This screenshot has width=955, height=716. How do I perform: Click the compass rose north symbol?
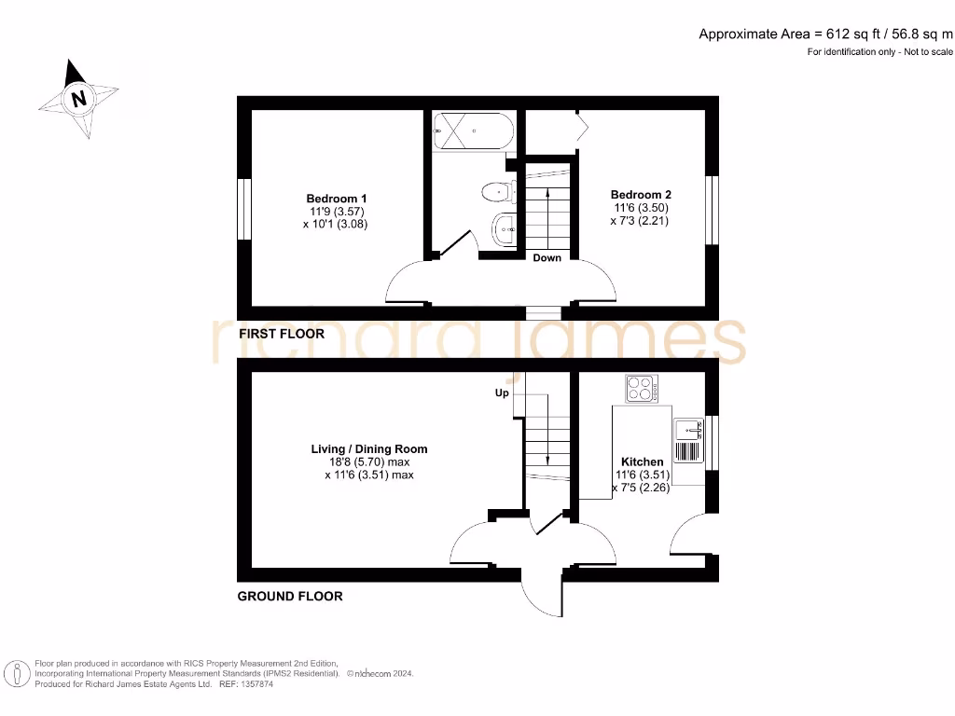(x=78, y=98)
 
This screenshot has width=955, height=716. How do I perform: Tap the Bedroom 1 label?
(x=336, y=199)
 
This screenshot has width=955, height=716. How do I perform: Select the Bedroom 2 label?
(x=641, y=195)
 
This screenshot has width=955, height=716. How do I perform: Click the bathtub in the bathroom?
(x=473, y=131)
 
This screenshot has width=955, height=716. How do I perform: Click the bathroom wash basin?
(x=505, y=227)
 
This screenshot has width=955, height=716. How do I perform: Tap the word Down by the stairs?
(x=547, y=257)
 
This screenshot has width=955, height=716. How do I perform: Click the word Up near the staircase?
(x=501, y=393)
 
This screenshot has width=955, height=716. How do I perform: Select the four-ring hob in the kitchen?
(x=642, y=387)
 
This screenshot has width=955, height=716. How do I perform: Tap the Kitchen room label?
(x=642, y=461)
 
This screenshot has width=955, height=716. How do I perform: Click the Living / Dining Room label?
(x=368, y=449)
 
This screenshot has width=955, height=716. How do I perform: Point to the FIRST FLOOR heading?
(x=282, y=334)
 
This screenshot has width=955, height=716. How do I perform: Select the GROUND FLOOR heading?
(x=290, y=596)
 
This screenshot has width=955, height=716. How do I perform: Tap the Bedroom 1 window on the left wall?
(x=243, y=209)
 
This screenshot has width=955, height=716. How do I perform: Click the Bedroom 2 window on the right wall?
(x=712, y=209)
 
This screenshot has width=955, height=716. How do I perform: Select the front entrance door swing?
(x=540, y=593)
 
